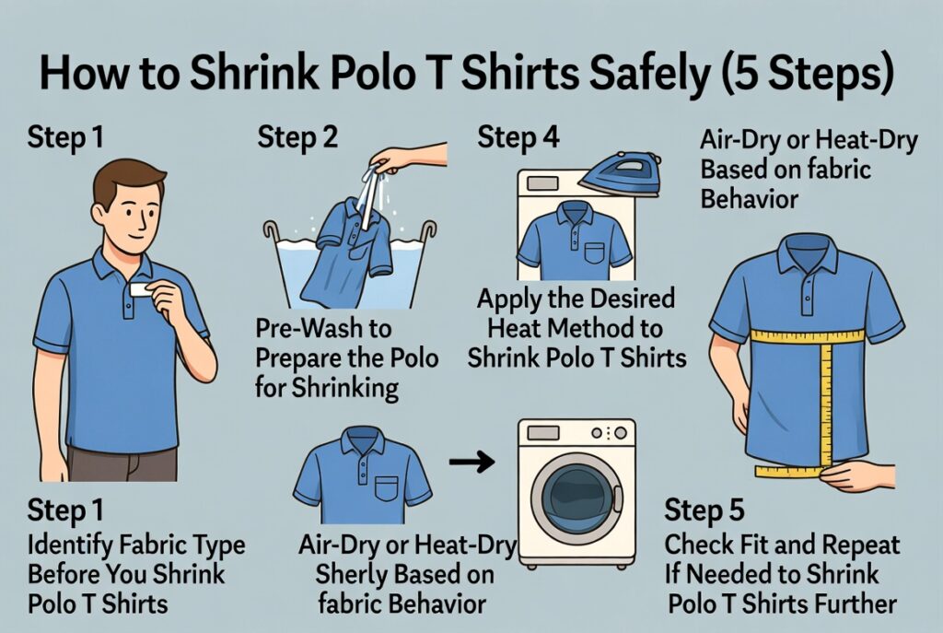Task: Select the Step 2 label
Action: coord(297,138)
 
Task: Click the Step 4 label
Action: coord(518,138)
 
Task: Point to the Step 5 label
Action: coord(704,510)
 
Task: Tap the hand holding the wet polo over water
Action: coord(405,158)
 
